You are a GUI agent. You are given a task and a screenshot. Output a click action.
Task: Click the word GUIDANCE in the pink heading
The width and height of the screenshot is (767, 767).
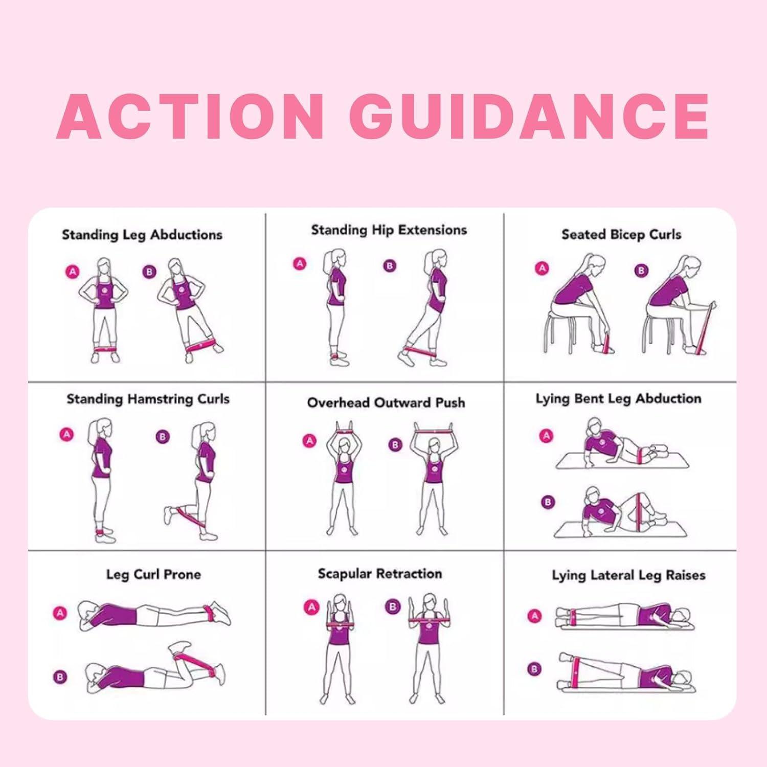[x=532, y=117]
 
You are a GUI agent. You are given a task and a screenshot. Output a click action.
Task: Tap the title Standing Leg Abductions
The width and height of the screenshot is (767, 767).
[x=142, y=235]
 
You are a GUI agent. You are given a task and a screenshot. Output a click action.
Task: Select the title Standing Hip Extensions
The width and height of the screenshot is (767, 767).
[x=389, y=231]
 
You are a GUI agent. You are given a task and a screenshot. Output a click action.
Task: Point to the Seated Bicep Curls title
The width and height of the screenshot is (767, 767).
[x=621, y=235]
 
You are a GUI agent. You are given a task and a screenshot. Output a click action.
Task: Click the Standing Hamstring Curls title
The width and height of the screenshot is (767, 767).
[x=148, y=399]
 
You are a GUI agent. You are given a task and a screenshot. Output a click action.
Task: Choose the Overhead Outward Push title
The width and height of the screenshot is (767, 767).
[x=386, y=403]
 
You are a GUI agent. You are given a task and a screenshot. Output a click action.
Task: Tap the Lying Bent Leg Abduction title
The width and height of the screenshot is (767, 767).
[x=619, y=399]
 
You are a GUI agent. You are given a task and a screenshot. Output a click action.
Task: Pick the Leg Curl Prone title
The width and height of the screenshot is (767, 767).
[x=153, y=575]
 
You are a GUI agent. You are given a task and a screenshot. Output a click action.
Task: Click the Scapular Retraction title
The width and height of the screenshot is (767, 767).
[x=380, y=574]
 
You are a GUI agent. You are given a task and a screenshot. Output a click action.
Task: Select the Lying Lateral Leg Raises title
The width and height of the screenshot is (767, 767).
[x=628, y=576]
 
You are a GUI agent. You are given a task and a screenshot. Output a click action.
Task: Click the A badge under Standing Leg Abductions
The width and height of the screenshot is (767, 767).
[x=73, y=272]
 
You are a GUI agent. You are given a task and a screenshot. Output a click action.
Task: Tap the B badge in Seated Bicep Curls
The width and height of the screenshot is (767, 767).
[x=641, y=270]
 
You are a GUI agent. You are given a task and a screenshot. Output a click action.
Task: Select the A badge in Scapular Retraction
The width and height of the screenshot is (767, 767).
[x=311, y=607]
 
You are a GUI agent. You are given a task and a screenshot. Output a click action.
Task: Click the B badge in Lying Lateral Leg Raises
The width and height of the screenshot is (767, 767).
[x=534, y=669]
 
